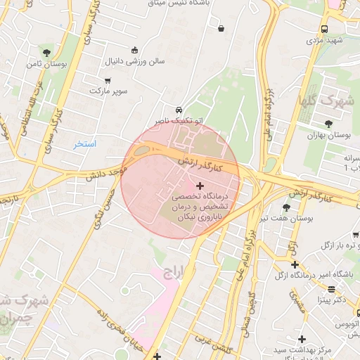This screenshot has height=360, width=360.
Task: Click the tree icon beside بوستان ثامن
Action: [x=47, y=53]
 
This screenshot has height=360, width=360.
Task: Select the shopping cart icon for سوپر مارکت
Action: [x=107, y=81]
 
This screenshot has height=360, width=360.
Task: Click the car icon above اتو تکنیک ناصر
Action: [x=179, y=110]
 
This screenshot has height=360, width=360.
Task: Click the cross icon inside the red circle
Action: [x=200, y=186]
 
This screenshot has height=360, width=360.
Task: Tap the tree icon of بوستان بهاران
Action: [x=328, y=124]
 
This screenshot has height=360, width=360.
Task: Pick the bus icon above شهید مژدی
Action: [x=324, y=30]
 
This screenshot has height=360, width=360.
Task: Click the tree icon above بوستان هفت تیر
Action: [x=285, y=207]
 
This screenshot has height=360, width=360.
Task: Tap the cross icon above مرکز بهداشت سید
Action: [x=302, y=339]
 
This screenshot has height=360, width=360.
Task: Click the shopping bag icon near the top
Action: [x=221, y=29]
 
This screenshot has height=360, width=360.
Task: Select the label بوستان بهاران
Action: [x=330, y=134]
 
